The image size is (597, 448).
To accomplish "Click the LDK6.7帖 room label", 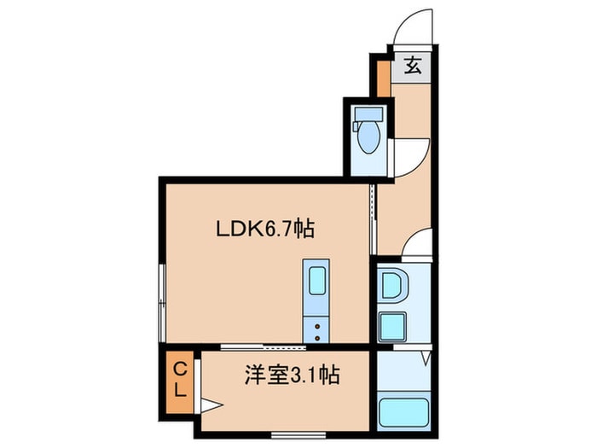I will tap(265, 228).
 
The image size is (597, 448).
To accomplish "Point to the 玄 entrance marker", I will tap(413, 65).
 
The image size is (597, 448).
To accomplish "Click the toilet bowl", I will tap(368, 137).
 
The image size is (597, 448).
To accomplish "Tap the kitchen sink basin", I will tap(316, 280).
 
